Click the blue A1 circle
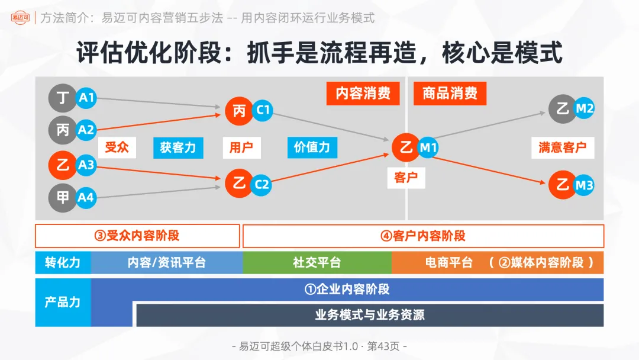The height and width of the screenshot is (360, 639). coord(86,98)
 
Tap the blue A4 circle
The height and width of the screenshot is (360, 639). coord(86,197)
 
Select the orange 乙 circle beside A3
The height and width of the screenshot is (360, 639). coord(63,165)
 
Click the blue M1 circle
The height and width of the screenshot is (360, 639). coord(428,148)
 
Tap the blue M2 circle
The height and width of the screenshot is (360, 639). coord(584,108)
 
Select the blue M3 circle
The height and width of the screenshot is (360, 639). coord(584,185)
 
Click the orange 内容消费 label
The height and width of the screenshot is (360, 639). coord(363,94)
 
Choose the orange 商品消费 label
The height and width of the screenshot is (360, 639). coord(450,94)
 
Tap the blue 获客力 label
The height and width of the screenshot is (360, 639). coord(177,147)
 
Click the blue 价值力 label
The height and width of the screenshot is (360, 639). coord(312,147)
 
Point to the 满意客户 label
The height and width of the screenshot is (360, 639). coord(562,147)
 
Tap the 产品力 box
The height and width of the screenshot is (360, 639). coord(63,302)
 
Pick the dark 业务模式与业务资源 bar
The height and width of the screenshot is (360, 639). coord(370,315)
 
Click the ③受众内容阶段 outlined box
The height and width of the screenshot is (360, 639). coord(137,236)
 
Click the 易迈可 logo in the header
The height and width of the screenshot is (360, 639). coord(20,18)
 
